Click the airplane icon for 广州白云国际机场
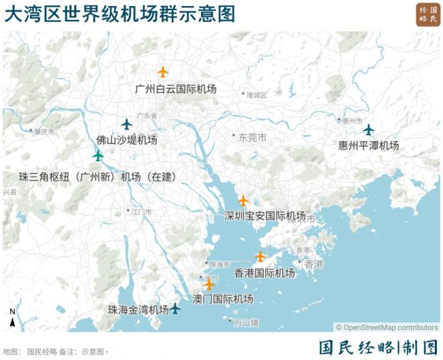click(162, 72)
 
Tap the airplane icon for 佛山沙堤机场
click(126, 124)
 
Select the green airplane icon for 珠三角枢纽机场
click(98, 155)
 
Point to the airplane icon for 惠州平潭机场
click(368, 130)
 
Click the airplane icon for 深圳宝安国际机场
click(243, 200)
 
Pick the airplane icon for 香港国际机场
click(260, 256)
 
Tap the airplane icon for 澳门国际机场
click(209, 285)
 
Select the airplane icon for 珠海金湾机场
click(175, 308)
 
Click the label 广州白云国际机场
click(175, 89)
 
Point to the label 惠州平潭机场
click(368, 146)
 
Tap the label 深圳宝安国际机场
click(264, 216)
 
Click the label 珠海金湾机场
click(138, 310)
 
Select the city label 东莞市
click(252, 138)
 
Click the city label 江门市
click(141, 212)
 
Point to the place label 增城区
click(257, 95)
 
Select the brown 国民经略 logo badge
click(428, 15)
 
